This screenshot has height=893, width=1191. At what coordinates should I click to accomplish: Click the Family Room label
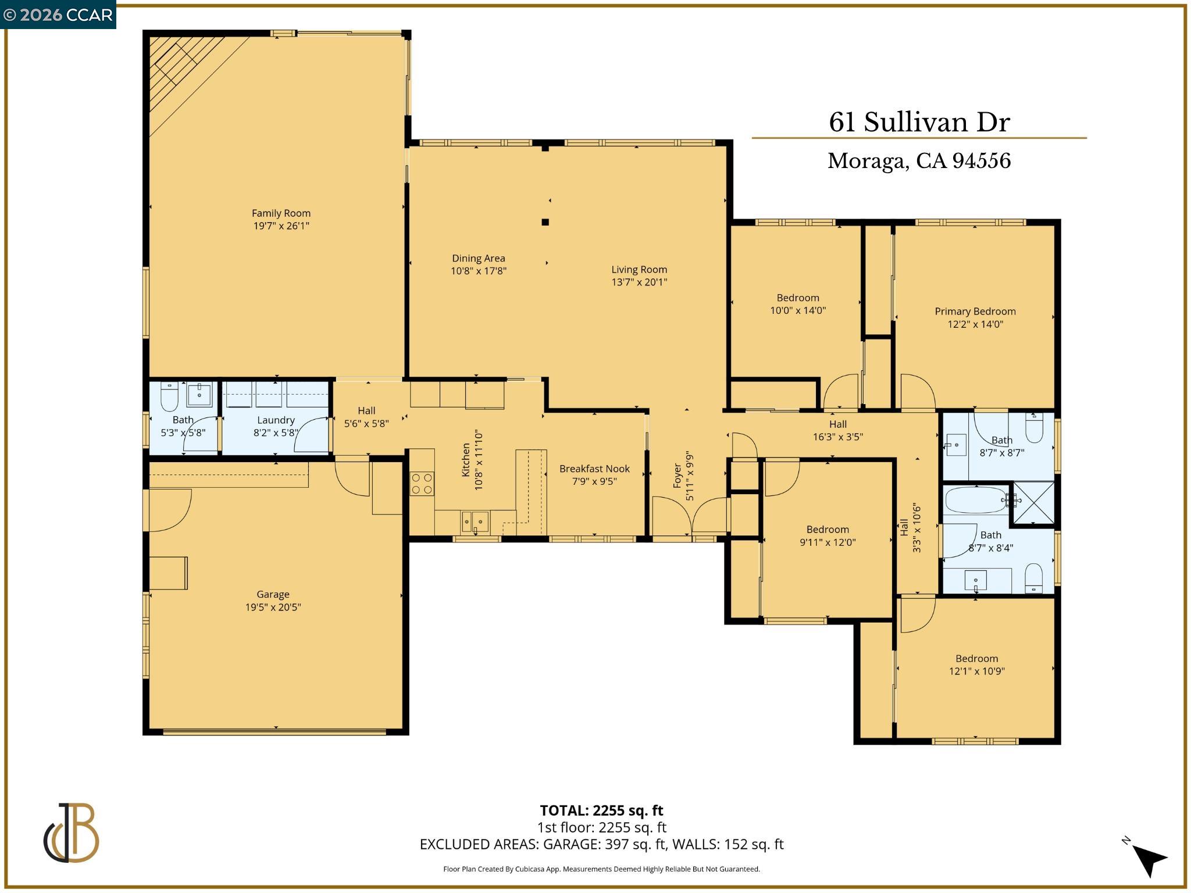pyautogui.click(x=281, y=213)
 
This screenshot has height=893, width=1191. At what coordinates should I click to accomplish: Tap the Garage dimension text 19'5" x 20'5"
pyautogui.click(x=273, y=608)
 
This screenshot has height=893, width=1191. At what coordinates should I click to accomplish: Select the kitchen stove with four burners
pyautogui.click(x=422, y=484)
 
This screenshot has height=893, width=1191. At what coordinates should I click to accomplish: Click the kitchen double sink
pyautogui.click(x=475, y=521)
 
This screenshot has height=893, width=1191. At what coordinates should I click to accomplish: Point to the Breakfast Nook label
pyautogui.click(x=594, y=469)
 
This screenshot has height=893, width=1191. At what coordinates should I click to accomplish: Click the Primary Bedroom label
pyautogui.click(x=975, y=312)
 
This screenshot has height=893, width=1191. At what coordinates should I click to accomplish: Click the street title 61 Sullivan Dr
pyautogui.click(x=919, y=122)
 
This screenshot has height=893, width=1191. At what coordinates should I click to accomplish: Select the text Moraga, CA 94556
pyautogui.click(x=919, y=161)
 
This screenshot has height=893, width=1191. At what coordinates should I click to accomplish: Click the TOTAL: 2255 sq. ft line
pyautogui.click(x=601, y=810)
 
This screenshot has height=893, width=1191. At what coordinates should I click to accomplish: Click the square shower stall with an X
pyautogui.click(x=1034, y=503)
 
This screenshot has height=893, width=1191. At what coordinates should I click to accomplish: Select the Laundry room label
pyautogui.click(x=276, y=420)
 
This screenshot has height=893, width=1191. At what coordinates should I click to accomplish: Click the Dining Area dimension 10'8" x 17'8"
pyautogui.click(x=479, y=271)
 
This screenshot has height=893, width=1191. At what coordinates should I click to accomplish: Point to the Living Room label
pyautogui.click(x=639, y=270)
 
